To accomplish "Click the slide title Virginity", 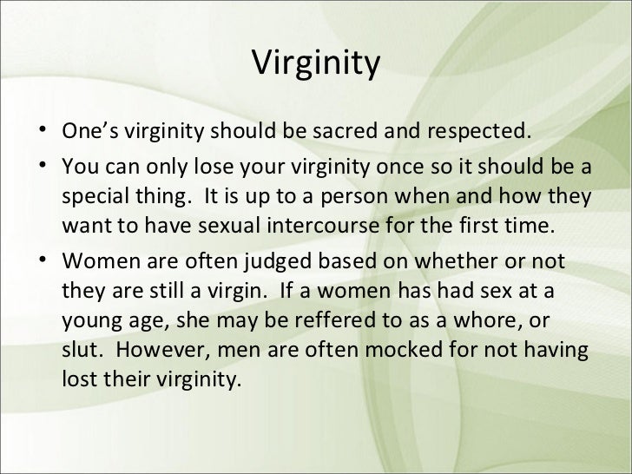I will pyautogui.click(x=316, y=65).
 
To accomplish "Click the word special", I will pyautogui.click(x=94, y=197).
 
